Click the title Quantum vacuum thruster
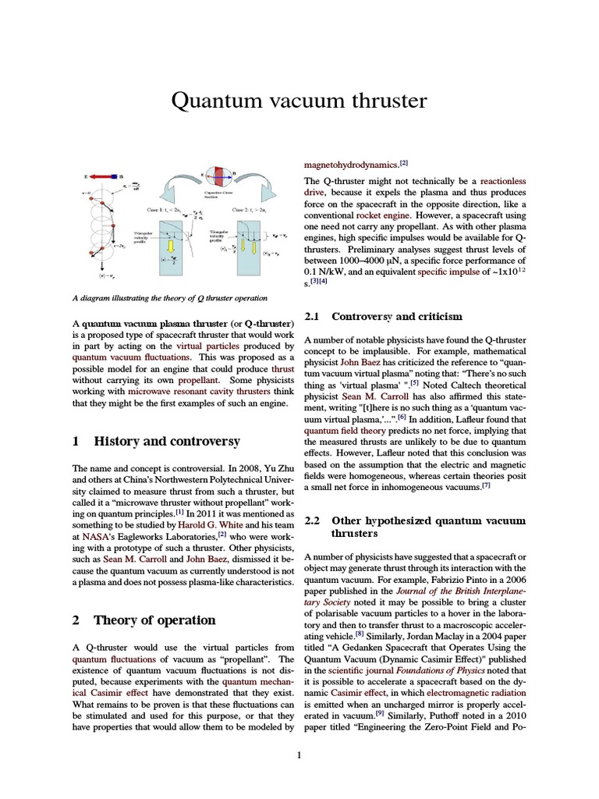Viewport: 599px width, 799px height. click(299, 101)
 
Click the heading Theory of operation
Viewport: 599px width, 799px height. click(154, 620)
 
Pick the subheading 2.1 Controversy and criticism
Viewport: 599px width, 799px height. click(396, 317)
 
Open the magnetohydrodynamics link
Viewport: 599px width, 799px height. click(350, 165)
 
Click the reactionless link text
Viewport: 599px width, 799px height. click(503, 181)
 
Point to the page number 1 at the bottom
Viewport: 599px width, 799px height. click(299, 755)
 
